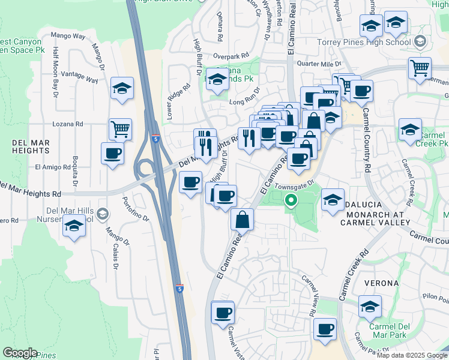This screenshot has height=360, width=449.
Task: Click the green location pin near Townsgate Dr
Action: point(291,200)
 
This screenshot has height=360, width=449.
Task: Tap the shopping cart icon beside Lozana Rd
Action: point(121,128)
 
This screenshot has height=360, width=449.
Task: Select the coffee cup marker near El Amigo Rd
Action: point(113,154)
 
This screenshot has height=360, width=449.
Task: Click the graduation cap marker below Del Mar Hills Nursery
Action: point(74,227)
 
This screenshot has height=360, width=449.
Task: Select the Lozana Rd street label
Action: point(68,124)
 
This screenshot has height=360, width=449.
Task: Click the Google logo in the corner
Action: point(20,353)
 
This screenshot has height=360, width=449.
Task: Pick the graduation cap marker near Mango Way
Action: point(122,89)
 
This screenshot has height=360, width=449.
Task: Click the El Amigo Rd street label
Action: point(53,167)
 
